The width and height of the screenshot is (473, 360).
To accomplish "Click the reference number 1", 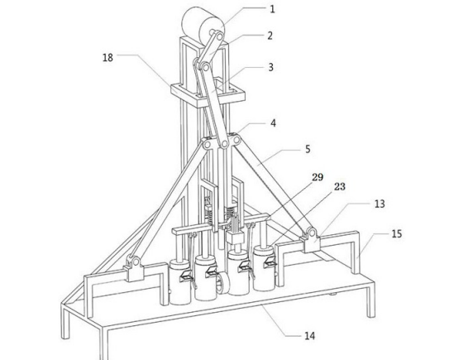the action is point(272,9).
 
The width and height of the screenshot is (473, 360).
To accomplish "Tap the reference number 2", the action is point(270,36).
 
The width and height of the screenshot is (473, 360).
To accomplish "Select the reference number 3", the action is point(271,67).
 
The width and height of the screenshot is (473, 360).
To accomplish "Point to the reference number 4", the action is point(273,123).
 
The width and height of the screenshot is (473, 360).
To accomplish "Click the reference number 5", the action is point(308,149).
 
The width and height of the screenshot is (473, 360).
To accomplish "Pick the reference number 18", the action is point(107,57).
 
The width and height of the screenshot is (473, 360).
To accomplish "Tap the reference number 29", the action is point(318,177).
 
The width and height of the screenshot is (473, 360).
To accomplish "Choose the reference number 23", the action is point(339,187).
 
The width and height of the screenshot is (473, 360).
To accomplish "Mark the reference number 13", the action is point(380,204).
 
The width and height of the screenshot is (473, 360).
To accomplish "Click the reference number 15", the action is point(397,233).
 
